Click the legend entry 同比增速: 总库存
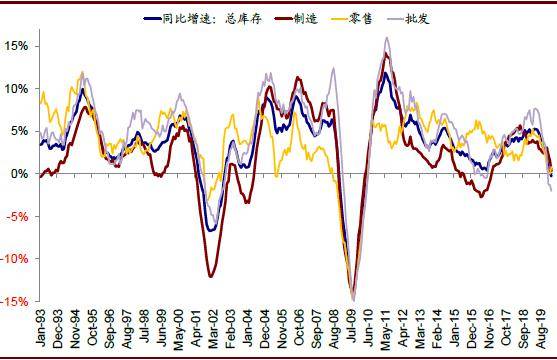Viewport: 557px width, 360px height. pos(203,18)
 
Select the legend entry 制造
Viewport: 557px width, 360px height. pos(296,18)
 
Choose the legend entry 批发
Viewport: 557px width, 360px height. pos(408,18)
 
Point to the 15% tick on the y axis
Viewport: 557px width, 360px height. pos(16,46)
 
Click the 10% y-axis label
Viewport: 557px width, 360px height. pos(16,88)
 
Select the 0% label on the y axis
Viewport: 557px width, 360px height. pos(20,174)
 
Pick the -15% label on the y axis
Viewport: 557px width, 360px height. pos(14,301)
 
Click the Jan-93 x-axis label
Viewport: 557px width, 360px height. pos(41,327)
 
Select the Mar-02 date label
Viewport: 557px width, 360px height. pos(213,328)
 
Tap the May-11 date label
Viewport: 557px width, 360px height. pos(386,329)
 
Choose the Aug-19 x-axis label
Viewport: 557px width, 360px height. pos(541,328)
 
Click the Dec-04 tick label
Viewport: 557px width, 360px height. pos(265,328)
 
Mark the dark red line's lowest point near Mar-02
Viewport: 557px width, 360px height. pos(211,276)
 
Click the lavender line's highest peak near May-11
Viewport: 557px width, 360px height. pos(386,37)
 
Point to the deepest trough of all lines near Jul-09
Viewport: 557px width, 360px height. pos(353,301)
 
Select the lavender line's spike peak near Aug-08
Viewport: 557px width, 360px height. pos(333,68)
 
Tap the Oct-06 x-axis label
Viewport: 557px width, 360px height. pos(299,327)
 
